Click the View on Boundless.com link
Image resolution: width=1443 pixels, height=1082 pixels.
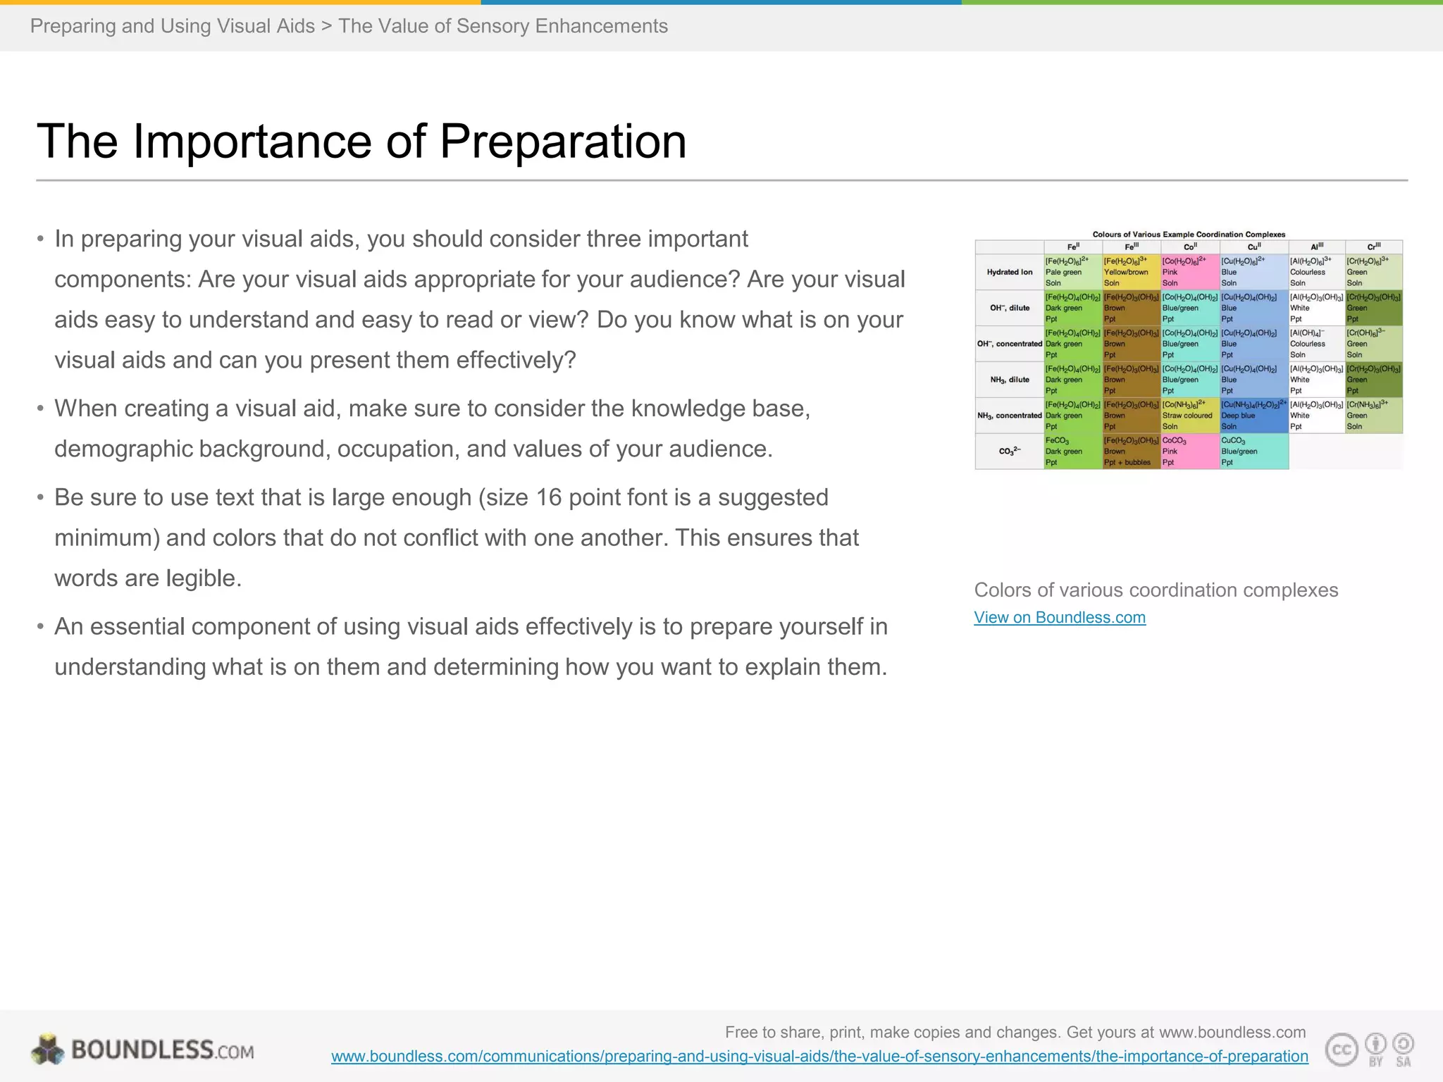[x=1059, y=618]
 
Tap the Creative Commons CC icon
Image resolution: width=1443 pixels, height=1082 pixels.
[x=1341, y=1050]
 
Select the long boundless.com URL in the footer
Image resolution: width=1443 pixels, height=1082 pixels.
[x=819, y=1057]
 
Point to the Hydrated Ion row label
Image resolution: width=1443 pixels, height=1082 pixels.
[x=1009, y=272]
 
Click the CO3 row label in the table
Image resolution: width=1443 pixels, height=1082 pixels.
[x=1009, y=452]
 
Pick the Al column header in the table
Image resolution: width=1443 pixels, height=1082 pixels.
[x=1316, y=247]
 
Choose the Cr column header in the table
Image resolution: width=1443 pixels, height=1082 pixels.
[x=1373, y=247]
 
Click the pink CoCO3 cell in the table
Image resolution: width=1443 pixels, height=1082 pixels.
[x=1189, y=452]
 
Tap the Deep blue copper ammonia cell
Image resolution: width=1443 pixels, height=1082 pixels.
[x=1253, y=416]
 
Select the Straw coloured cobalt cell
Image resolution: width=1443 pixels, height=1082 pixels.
[x=1189, y=416]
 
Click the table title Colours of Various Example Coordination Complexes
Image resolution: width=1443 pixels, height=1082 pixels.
[x=1189, y=235]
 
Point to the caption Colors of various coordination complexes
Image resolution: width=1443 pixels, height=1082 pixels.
[x=1156, y=590]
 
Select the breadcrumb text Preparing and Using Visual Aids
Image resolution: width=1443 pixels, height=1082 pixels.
[x=173, y=26]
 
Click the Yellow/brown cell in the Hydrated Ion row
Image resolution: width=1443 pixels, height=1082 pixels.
[x=1130, y=272]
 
